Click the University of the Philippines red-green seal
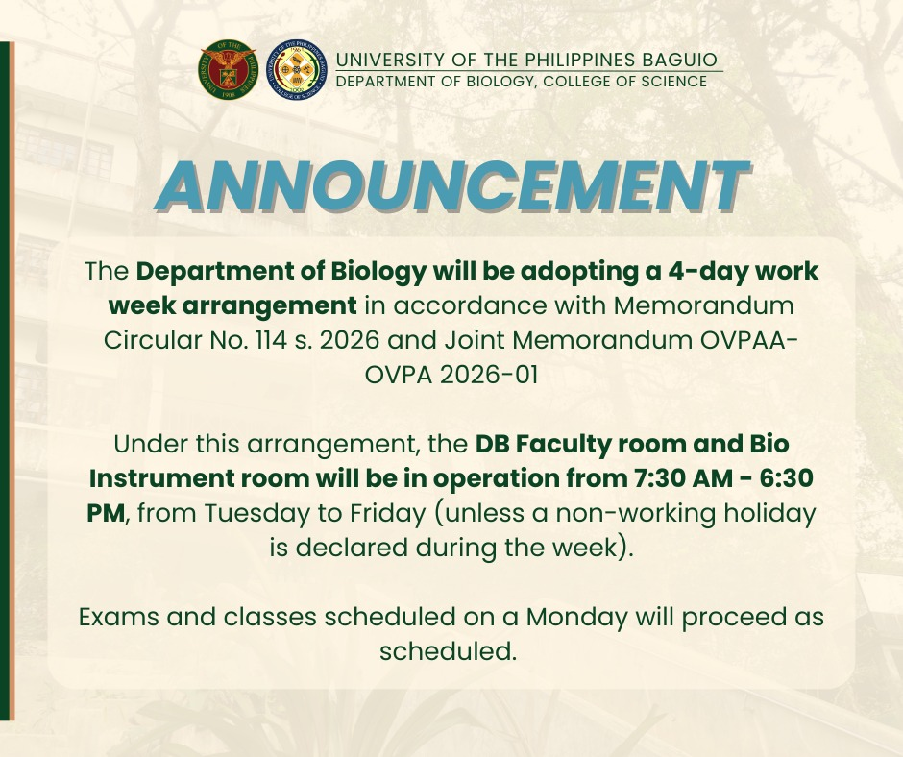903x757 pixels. (228, 70)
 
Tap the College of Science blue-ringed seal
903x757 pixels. (297, 70)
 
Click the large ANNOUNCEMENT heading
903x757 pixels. (452, 186)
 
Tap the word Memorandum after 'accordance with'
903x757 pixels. (703, 305)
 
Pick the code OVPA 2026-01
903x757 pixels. (451, 375)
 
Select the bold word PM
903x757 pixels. (106, 513)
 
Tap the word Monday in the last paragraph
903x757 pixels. (576, 618)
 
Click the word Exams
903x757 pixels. (119, 617)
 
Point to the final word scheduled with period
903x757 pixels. (447, 651)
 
